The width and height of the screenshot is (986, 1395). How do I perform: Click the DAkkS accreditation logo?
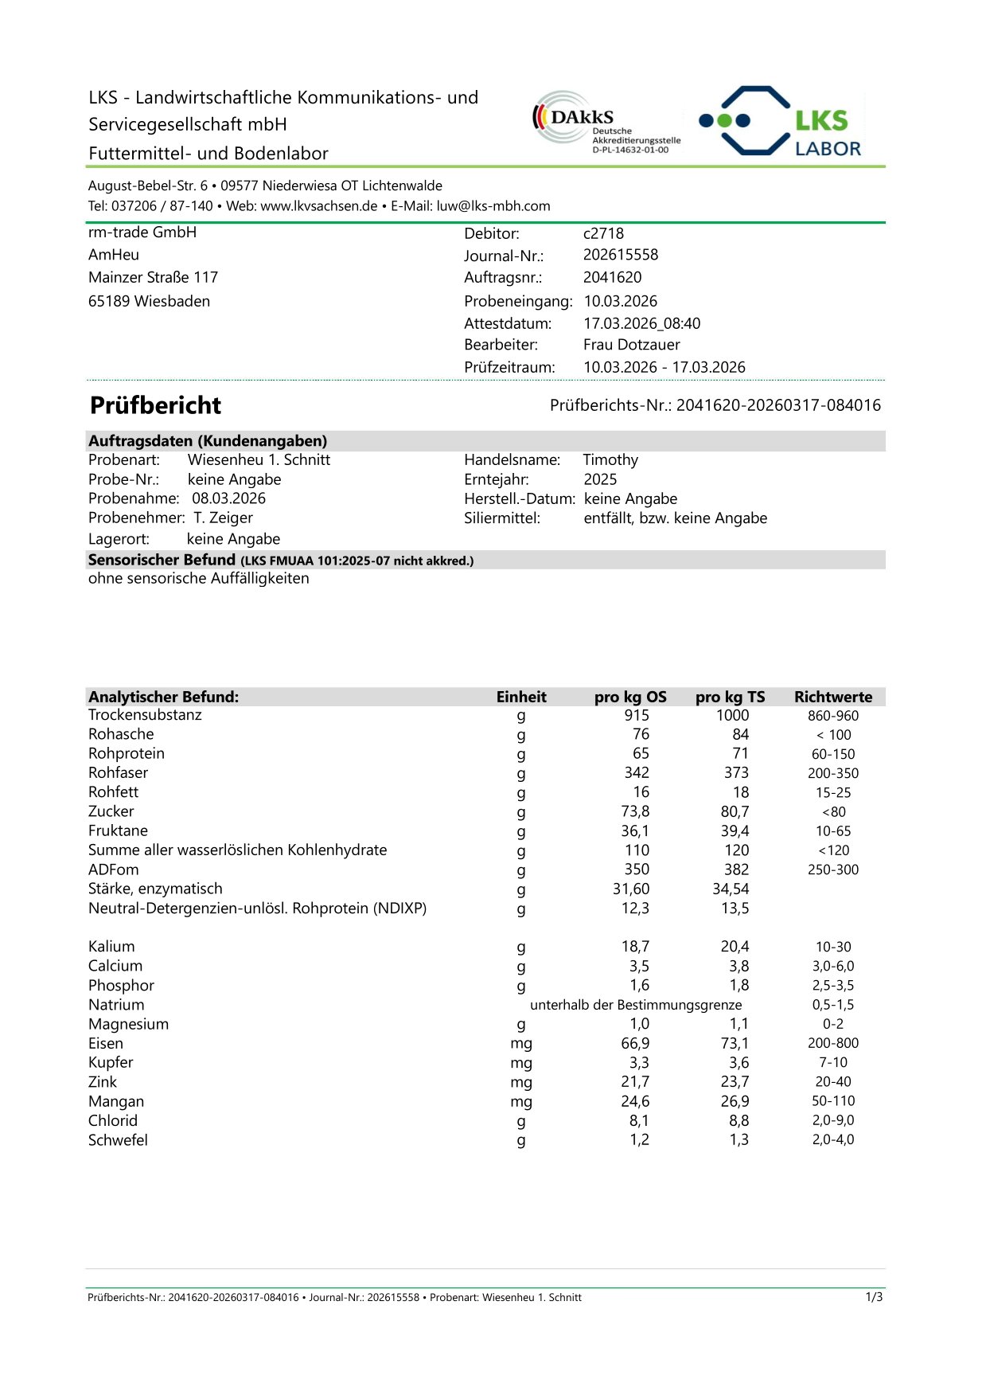click(606, 122)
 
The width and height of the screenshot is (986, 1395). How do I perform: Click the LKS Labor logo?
click(781, 122)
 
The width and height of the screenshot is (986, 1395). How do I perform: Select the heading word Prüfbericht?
click(155, 405)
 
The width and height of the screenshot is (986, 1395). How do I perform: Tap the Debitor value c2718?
click(603, 233)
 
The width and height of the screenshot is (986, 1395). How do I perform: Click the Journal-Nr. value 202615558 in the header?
click(621, 255)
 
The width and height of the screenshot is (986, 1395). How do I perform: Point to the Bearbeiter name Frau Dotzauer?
click(631, 345)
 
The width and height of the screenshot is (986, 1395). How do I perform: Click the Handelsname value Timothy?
click(610, 459)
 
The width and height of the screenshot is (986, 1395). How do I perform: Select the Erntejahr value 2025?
click(600, 479)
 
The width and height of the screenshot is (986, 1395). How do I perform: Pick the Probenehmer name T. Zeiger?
click(223, 518)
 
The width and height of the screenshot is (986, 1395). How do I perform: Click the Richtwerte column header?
click(833, 697)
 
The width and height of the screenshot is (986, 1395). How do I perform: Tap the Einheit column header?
click(521, 697)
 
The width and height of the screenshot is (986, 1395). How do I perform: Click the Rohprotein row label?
click(127, 753)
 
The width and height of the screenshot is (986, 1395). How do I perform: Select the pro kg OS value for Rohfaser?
click(637, 772)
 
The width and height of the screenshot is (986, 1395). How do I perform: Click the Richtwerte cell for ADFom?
click(833, 869)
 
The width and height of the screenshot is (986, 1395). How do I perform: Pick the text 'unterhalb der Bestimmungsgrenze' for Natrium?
click(636, 1005)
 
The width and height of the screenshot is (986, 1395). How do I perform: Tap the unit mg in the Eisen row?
click(521, 1043)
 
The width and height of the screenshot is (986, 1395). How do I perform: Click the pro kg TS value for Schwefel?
click(739, 1139)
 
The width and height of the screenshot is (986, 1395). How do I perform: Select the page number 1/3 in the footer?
click(874, 1297)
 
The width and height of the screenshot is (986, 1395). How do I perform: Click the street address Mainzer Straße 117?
click(153, 277)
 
